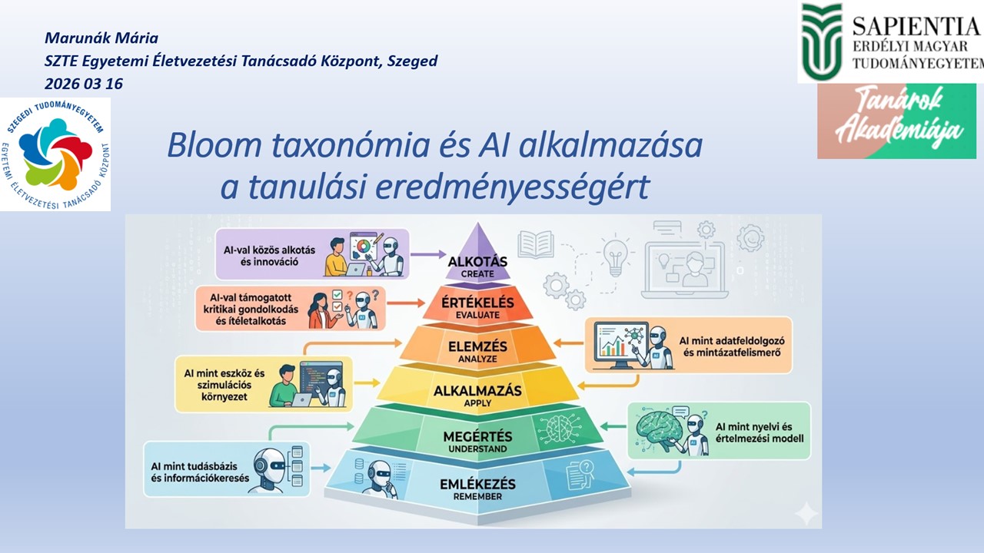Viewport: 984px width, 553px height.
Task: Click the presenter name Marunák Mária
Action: coord(101,38)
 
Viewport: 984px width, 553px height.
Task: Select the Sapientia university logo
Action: coord(890,42)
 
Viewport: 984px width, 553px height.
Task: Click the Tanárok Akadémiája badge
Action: coord(896,121)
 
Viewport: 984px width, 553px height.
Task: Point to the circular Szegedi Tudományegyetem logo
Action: coord(55,154)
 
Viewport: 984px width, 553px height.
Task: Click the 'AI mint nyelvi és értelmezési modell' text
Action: coord(759,432)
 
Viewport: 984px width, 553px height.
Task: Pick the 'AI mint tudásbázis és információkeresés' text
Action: coord(201,469)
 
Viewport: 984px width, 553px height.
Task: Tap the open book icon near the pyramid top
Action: coord(536,243)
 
